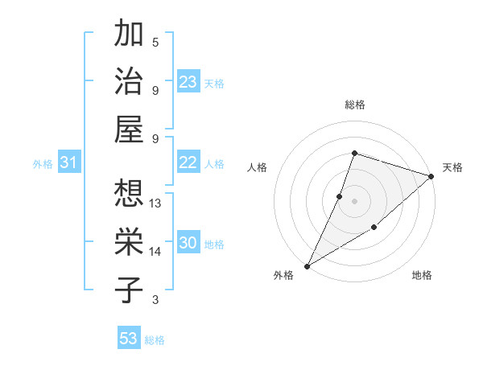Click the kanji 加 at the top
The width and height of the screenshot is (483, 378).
pyautogui.click(x=129, y=35)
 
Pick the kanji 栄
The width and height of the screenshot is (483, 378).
pyautogui.click(x=129, y=242)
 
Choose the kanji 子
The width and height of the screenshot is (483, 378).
pyautogui.click(x=129, y=290)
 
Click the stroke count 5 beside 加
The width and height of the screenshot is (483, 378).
pyautogui.click(x=155, y=42)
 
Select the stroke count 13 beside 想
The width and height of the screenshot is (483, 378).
pyautogui.click(x=156, y=203)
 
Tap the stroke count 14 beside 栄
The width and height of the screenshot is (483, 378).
pyautogui.click(x=156, y=252)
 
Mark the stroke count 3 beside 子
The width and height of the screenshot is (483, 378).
pyautogui.click(x=155, y=300)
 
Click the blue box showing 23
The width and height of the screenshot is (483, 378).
pyautogui.click(x=188, y=82)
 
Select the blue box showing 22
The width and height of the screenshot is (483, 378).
pyautogui.click(x=188, y=162)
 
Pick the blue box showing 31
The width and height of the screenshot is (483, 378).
pyautogui.click(x=69, y=162)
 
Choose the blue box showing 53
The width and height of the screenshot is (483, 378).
pyautogui.click(x=129, y=338)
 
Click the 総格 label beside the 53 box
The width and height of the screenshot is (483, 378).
pyautogui.click(x=155, y=340)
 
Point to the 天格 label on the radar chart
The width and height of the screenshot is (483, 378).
pyautogui.click(x=453, y=167)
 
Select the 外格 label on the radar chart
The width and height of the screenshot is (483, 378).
pyautogui.click(x=283, y=275)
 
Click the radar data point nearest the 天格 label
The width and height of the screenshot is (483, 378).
pyautogui.click(x=432, y=176)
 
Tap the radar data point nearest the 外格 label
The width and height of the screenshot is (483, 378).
pyautogui.click(x=307, y=265)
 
